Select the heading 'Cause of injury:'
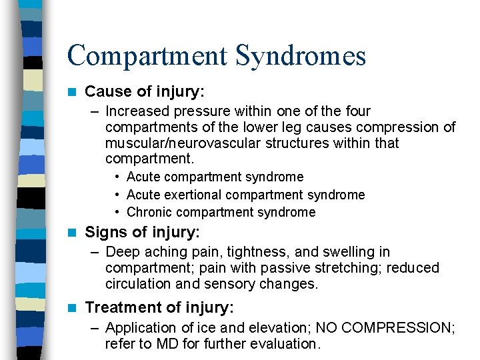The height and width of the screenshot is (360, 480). (x=144, y=91)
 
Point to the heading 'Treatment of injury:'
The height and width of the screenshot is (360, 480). (x=159, y=307)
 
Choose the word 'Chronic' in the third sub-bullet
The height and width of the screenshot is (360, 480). (x=149, y=212)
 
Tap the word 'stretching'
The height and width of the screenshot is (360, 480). (x=320, y=268)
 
